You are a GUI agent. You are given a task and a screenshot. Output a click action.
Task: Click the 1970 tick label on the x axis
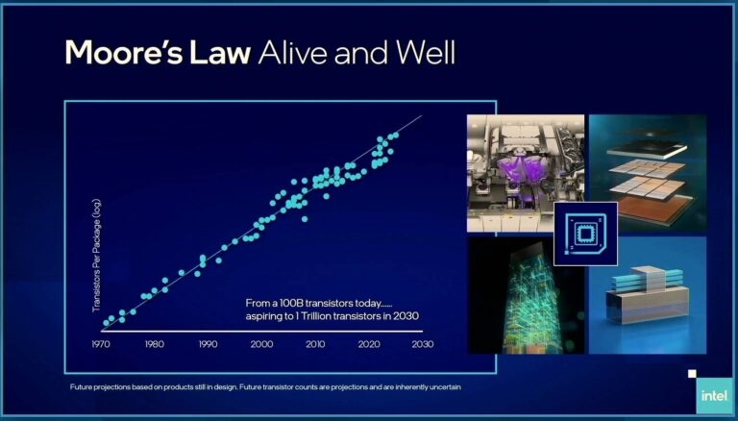point(101,344)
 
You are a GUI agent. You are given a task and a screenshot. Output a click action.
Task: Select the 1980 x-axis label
point(155,344)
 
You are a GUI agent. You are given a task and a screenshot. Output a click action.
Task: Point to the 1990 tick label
point(208,344)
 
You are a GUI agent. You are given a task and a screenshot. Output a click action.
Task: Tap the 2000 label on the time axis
point(261,344)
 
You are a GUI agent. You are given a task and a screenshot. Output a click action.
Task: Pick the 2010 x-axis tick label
point(315,344)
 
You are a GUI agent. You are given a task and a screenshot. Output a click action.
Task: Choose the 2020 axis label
point(369,344)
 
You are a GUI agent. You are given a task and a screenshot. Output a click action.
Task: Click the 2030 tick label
point(423,344)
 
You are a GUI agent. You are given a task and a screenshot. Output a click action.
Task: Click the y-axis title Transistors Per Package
point(96,256)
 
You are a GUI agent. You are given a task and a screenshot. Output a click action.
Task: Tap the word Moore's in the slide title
point(124,52)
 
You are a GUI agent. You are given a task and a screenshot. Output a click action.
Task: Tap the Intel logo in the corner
point(715,396)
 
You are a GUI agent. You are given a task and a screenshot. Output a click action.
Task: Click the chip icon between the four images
point(585,234)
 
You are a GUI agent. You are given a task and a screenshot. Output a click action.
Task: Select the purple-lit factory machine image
point(526,173)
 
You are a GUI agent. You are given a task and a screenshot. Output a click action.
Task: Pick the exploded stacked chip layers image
point(648,173)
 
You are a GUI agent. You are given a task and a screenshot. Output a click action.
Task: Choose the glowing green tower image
point(526,295)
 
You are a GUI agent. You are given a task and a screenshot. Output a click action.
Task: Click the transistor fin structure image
point(648,295)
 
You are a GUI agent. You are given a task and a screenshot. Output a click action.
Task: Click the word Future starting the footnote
point(81,387)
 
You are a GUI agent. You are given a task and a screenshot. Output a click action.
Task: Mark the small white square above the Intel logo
point(692,374)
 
